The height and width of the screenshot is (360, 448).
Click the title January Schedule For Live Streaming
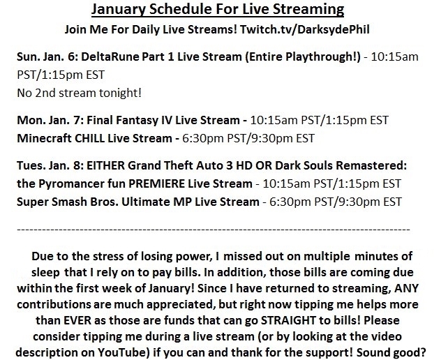218,9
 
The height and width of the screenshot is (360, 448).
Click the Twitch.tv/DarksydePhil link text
304,29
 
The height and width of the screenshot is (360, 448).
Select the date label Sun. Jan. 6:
47,57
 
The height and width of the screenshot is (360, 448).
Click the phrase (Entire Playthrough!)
303,57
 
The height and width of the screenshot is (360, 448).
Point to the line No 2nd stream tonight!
79,93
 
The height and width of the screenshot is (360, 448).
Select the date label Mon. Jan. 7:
50,120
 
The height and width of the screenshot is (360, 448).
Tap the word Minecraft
44,138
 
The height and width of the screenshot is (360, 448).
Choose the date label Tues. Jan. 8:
50,165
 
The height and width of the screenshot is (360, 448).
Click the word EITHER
105,165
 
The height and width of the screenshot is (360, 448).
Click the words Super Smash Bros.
68,202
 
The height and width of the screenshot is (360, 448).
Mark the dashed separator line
214,230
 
